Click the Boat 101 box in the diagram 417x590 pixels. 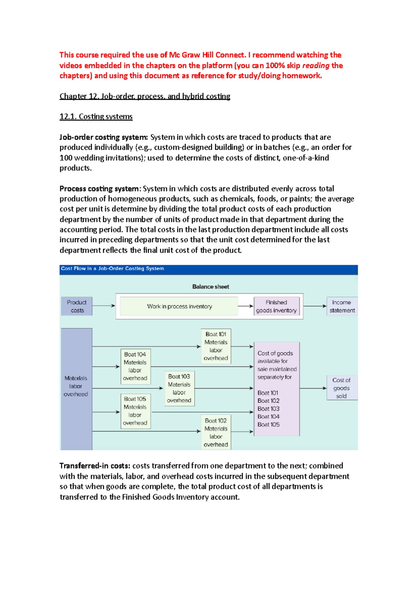[x=216, y=346]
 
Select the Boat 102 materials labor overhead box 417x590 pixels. [x=216, y=432]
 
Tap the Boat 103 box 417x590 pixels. [x=179, y=388]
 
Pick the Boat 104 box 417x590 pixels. [x=135, y=366]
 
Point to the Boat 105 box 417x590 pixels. [x=135, y=411]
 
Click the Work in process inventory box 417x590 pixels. [x=179, y=306]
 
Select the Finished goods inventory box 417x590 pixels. [x=276, y=306]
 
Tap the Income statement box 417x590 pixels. [x=342, y=306]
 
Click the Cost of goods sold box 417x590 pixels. [x=341, y=388]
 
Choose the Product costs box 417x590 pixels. [x=77, y=306]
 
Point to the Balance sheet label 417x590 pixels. [x=211, y=287]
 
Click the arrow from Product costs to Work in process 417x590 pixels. [x=104, y=306]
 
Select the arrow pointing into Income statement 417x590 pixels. [x=314, y=306]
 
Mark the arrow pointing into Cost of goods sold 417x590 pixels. [x=313, y=388]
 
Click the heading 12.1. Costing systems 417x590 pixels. [x=96, y=116]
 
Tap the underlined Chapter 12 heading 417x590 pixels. [x=145, y=96]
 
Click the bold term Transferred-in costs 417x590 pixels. [x=95, y=466]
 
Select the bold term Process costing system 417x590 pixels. [x=99, y=189]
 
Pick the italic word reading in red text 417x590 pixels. [x=316, y=65]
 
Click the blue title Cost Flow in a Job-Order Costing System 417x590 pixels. [x=112, y=269]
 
